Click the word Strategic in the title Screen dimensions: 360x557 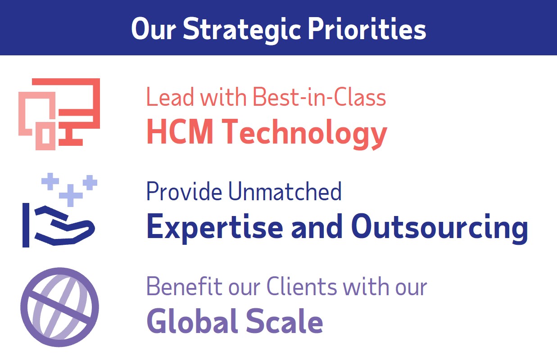[x=243, y=29]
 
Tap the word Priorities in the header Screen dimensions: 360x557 [x=367, y=29]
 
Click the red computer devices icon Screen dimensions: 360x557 [x=59, y=114]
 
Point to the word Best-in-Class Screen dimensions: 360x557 [x=319, y=97]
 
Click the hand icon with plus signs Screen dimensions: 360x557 [x=59, y=211]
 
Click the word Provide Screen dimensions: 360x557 [x=184, y=192]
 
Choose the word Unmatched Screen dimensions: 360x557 [x=285, y=192]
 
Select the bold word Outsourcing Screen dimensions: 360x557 [x=439, y=227]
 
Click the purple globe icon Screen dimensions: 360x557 [x=59, y=307]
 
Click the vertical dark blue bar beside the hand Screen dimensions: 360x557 [x=26, y=225]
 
